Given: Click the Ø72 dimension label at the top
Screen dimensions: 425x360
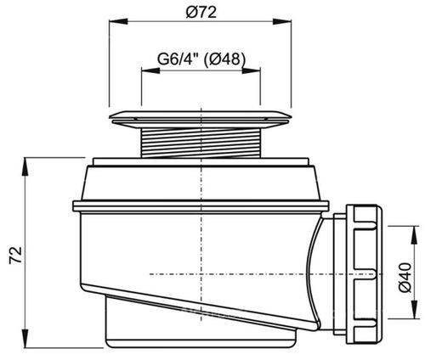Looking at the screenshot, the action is tap(201, 12).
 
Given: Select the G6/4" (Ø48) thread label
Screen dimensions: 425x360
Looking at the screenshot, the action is tap(201, 59).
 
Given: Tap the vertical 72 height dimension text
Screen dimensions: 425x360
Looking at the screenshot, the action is tap(15, 255).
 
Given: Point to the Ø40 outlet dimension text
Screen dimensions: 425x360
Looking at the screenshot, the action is tap(405, 277).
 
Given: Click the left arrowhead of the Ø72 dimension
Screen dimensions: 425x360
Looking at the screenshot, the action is tap(118, 21).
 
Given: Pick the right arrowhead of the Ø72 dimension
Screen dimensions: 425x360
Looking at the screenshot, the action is tap(282, 21).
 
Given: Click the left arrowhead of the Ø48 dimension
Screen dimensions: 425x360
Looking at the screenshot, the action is tap(150, 70).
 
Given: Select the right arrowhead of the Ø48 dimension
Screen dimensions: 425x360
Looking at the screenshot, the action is tap(251, 70).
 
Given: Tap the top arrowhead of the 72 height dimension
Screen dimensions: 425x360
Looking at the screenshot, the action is tap(25, 166).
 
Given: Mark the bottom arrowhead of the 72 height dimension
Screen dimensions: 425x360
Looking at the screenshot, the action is tap(25, 339).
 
